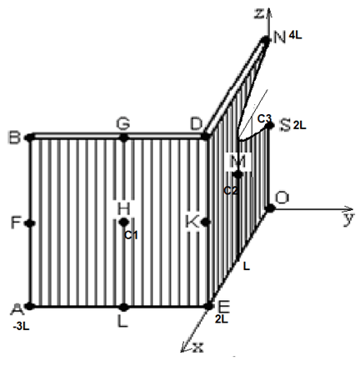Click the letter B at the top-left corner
(x=15, y=138)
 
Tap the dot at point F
(x=30, y=223)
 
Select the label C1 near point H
(x=131, y=235)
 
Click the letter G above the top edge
(x=123, y=123)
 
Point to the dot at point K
(x=206, y=223)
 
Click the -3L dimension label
(x=21, y=327)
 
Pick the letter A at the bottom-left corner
(x=17, y=309)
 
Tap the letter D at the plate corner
(x=197, y=124)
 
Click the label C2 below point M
(x=231, y=191)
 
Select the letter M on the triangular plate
(x=238, y=161)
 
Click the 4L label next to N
(x=295, y=35)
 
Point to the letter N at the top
(x=279, y=38)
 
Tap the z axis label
(x=259, y=13)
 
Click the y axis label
(x=348, y=219)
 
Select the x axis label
(x=197, y=348)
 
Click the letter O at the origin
(x=282, y=198)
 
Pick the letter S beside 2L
(x=285, y=125)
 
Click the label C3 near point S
(x=264, y=118)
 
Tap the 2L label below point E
(x=222, y=319)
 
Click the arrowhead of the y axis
(x=349, y=209)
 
